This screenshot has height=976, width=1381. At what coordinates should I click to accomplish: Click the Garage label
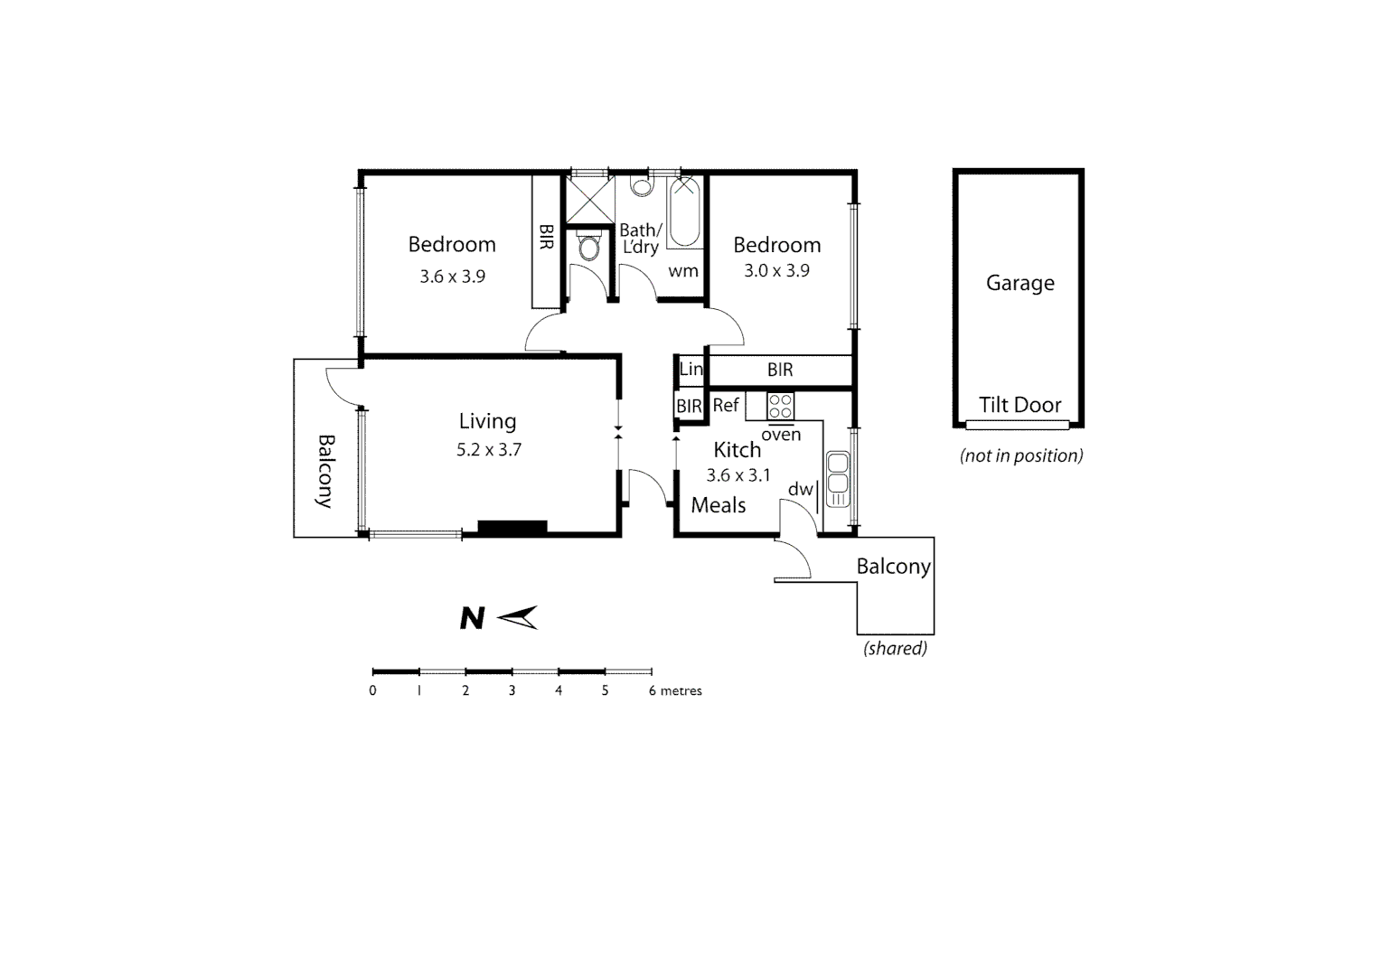pyautogui.click(x=1019, y=283)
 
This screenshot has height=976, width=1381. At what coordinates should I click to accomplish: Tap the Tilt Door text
pyautogui.click(x=1019, y=405)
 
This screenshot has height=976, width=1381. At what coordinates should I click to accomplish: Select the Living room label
pyautogui.click(x=487, y=421)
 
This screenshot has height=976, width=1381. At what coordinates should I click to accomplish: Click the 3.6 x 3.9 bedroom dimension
pyautogui.click(x=452, y=277)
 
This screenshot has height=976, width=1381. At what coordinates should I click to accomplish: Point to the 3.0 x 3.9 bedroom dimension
pyautogui.click(x=776, y=270)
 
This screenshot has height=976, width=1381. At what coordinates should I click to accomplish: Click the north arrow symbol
pyautogui.click(x=519, y=617)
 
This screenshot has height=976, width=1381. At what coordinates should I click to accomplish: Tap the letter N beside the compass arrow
pyautogui.click(x=472, y=618)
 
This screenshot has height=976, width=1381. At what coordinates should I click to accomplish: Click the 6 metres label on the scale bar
pyautogui.click(x=675, y=690)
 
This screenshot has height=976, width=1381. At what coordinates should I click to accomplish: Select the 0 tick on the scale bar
pyautogui.click(x=372, y=690)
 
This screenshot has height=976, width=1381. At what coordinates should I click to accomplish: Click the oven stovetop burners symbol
pyautogui.click(x=780, y=406)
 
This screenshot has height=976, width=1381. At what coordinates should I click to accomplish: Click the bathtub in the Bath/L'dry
pyautogui.click(x=684, y=212)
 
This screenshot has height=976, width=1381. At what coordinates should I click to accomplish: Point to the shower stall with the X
pyautogui.click(x=589, y=200)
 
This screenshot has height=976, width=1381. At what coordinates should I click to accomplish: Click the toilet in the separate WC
pyautogui.click(x=588, y=246)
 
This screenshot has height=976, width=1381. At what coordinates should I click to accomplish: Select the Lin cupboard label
pyautogui.click(x=690, y=369)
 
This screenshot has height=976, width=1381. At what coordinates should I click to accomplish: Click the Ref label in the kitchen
pyautogui.click(x=726, y=406)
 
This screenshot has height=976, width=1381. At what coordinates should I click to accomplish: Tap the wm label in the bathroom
pyautogui.click(x=682, y=270)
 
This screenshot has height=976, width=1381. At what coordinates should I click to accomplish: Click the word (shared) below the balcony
pyautogui.click(x=895, y=648)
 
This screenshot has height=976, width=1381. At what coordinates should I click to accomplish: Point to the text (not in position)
pyautogui.click(x=1021, y=455)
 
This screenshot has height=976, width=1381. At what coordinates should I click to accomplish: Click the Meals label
pyautogui.click(x=719, y=505)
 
